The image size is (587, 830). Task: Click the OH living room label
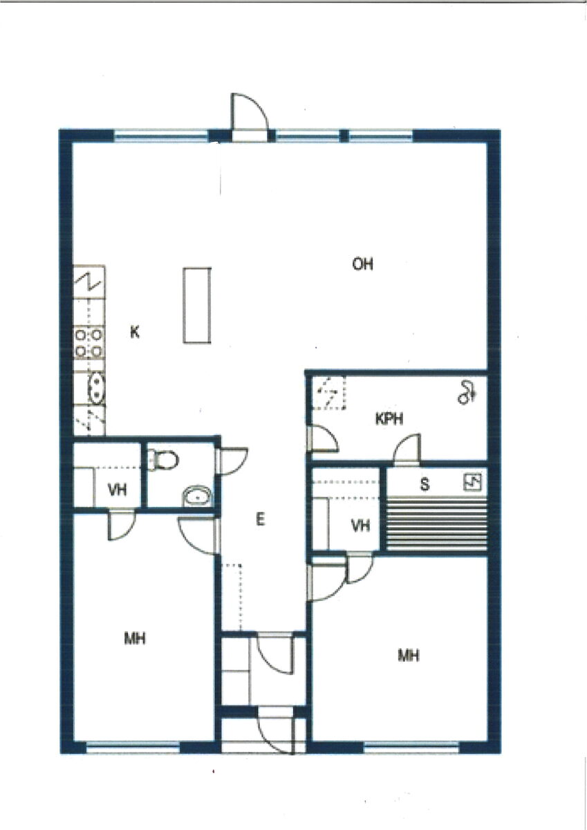tap(362, 264)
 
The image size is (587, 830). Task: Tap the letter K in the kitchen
tap(135, 332)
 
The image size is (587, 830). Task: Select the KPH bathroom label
tap(389, 419)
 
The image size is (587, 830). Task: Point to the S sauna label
tap(425, 484)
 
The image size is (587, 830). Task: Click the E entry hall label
tap(261, 520)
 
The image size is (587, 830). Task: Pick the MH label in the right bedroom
tap(408, 656)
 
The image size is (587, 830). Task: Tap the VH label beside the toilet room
tap(118, 490)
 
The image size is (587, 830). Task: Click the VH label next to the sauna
tap(360, 526)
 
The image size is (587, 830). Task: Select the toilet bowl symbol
tap(163, 460)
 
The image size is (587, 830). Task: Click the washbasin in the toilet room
tap(197, 496)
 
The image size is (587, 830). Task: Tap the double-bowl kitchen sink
tap(97, 387)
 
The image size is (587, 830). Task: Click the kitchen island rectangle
tap(197, 305)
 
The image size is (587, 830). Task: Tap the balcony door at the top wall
tap(249, 118)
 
